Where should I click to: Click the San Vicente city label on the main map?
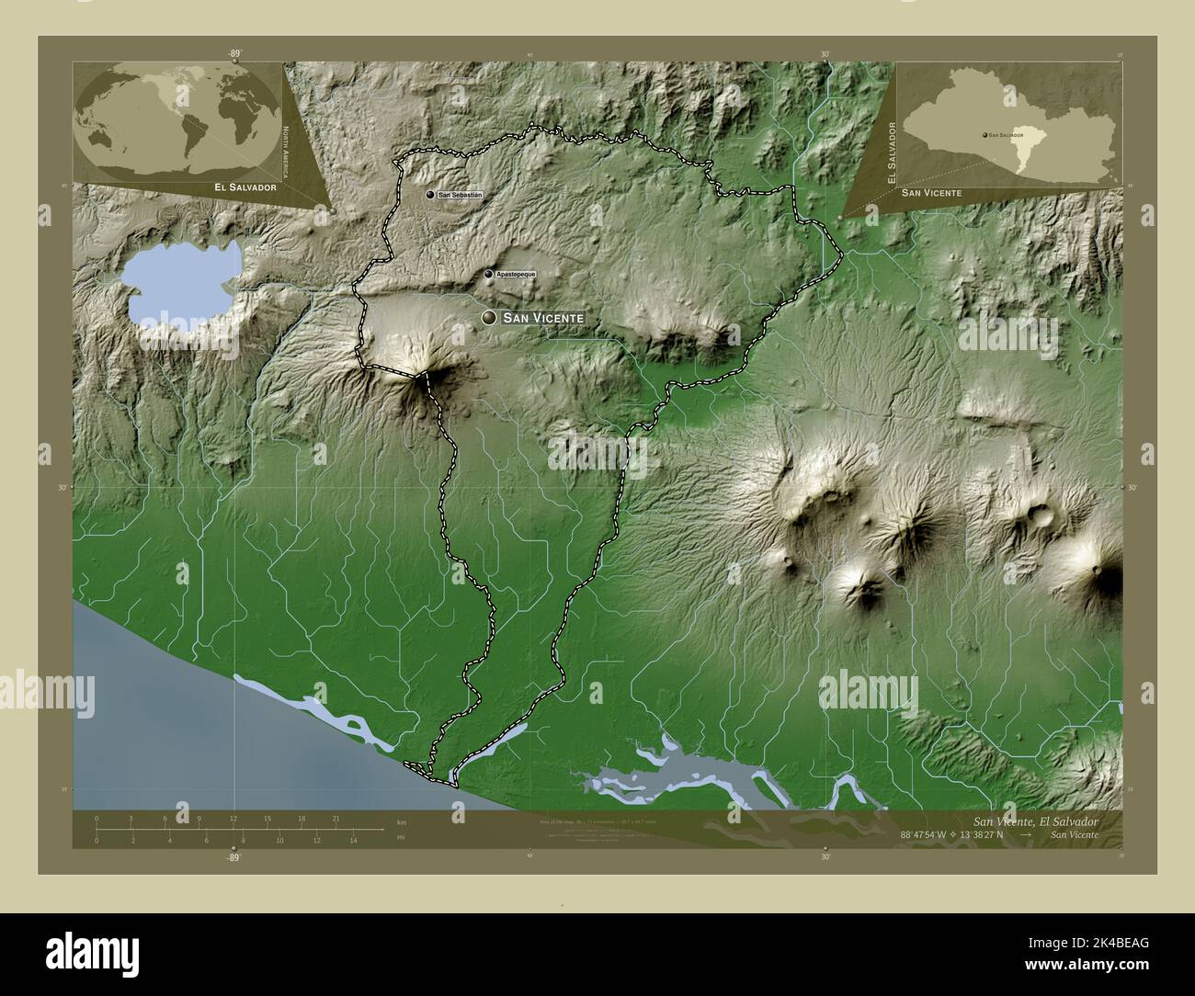[x=544, y=318]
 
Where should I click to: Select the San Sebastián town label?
[x=460, y=196]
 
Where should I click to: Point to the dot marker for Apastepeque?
[x=488, y=274]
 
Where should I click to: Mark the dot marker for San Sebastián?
[x=430, y=195]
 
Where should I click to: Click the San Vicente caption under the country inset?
[x=931, y=192]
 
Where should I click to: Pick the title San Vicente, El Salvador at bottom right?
[x=1035, y=820]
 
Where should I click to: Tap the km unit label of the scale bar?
[x=401, y=821]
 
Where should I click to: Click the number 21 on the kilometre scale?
[x=336, y=818]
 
